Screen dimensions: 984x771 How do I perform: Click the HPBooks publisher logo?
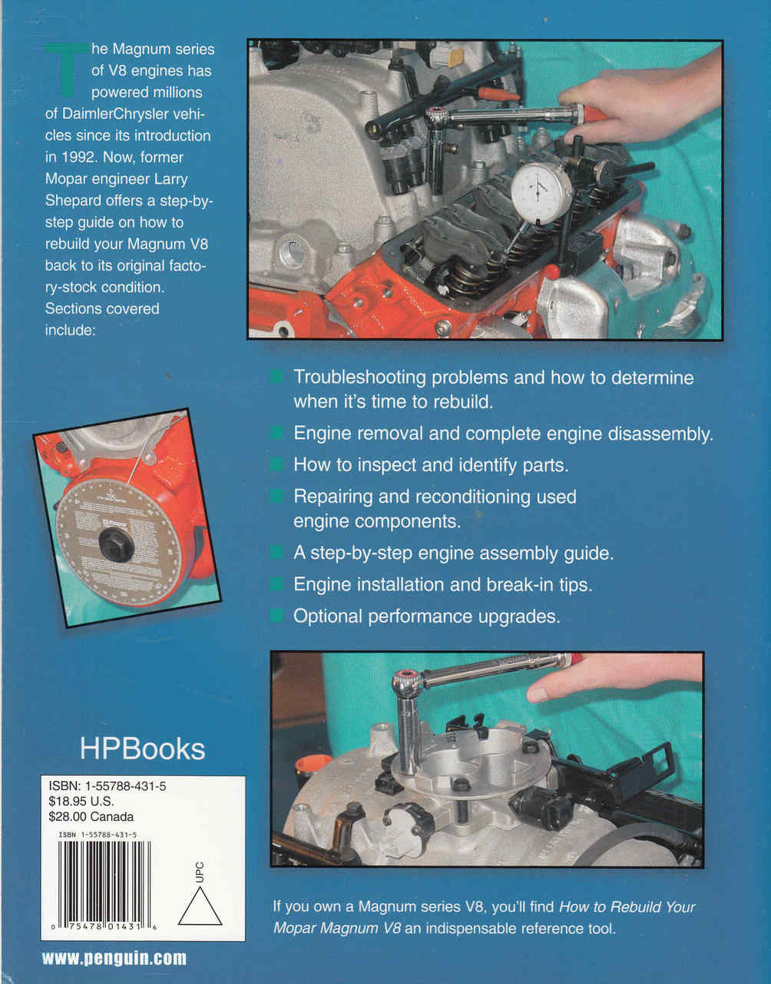point(142,749)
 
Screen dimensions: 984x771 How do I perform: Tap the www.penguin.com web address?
point(114,958)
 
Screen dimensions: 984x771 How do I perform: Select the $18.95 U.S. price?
point(81,802)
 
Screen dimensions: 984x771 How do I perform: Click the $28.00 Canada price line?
point(91,817)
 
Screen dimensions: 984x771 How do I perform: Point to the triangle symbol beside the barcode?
point(200,908)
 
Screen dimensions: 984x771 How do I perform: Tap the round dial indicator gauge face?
point(541,191)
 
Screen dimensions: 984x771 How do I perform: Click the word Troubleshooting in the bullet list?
point(359,377)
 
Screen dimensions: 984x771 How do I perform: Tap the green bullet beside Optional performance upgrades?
point(276,616)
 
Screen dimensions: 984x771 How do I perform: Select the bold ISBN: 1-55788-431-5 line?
point(107,786)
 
